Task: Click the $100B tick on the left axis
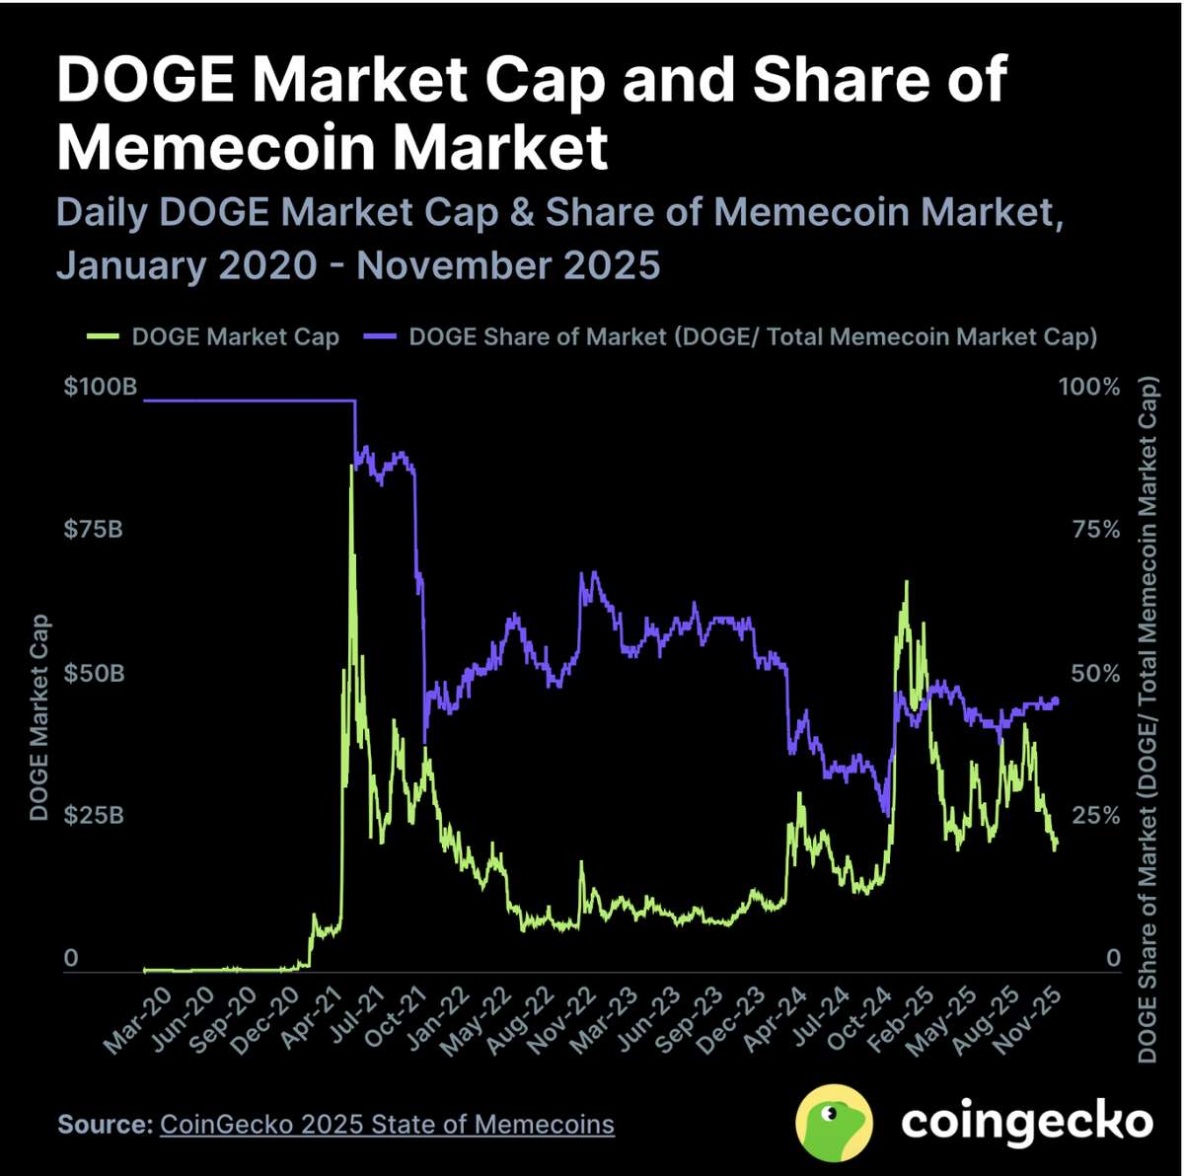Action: pos(101,387)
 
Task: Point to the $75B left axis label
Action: pos(95,530)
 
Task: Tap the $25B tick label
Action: pos(95,816)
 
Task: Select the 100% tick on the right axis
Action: pos(1089,387)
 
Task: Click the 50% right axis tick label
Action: pos(1095,674)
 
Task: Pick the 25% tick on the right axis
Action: pos(1095,816)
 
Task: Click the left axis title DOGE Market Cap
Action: pos(39,717)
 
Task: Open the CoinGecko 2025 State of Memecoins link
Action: pos(387,1124)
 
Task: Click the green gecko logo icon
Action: pos(834,1123)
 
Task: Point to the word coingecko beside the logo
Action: pos(1026,1122)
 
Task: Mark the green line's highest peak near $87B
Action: pos(351,465)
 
